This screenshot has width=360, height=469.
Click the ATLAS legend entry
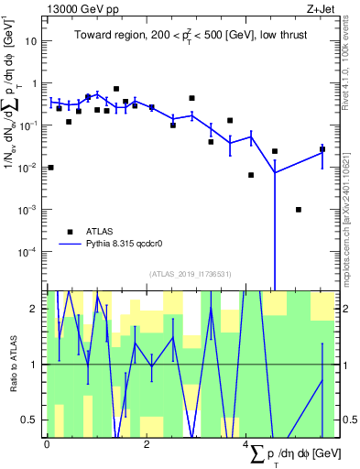(x=101, y=232)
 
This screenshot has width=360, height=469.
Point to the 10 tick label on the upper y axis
(x=31, y=41)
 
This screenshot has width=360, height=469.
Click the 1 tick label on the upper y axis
(x=35, y=83)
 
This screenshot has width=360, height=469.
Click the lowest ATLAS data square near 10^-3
(x=299, y=210)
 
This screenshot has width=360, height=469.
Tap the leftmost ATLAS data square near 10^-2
(x=50, y=168)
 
